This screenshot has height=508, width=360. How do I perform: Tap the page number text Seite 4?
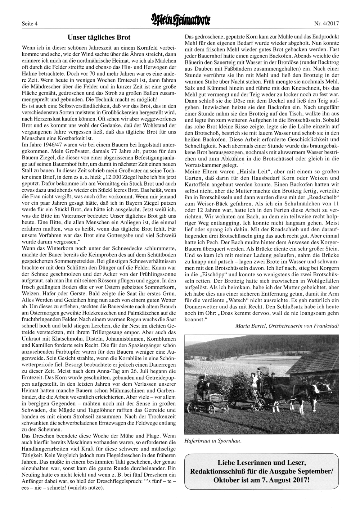tap(30, 24)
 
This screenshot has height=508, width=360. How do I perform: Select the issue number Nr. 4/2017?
tap(327, 24)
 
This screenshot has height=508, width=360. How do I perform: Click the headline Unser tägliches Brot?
tap(99, 37)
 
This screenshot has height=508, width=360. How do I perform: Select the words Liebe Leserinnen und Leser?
tap(262, 463)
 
